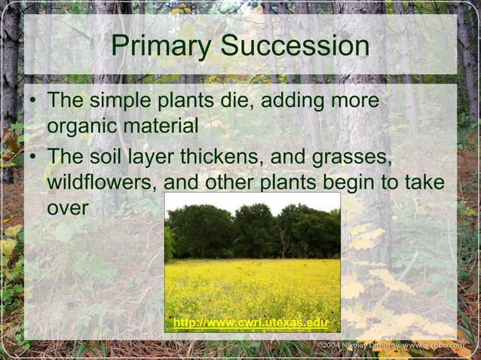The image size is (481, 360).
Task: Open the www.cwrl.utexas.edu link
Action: [250, 324]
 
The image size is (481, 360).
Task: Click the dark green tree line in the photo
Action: [252, 230]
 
